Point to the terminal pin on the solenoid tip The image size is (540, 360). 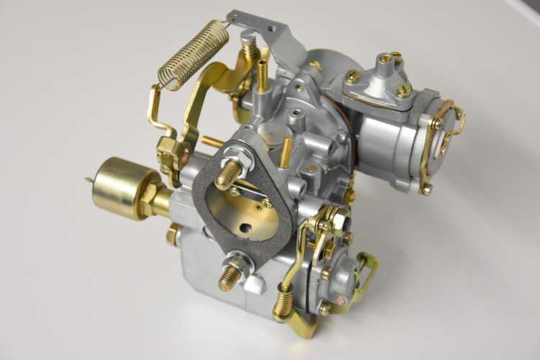click(x=89, y=180)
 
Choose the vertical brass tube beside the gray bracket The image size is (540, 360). click(x=261, y=75)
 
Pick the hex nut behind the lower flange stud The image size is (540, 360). click(x=242, y=263)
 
